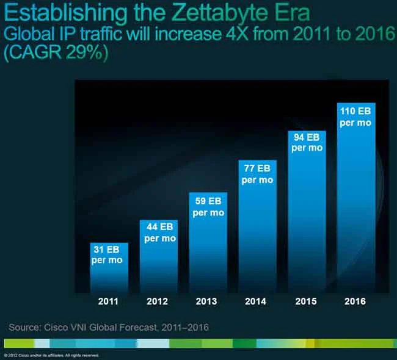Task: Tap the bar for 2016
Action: click(356, 201)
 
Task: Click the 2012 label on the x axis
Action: click(158, 301)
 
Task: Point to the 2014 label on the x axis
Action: click(257, 301)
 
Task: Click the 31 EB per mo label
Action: click(107, 256)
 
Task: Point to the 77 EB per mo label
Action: click(257, 175)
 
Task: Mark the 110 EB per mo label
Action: click(356, 117)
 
